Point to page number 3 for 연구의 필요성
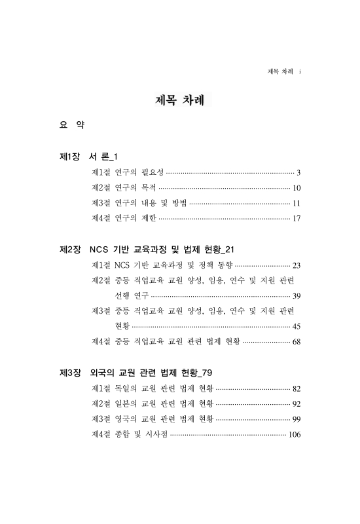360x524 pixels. pos(298,174)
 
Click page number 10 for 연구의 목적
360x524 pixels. pos(297,189)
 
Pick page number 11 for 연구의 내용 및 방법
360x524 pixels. pos(297,204)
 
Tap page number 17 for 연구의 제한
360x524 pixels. pos(297,219)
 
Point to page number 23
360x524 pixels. pos(297,266)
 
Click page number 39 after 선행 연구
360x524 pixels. pos(297,296)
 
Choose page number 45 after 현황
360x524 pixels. pos(297,326)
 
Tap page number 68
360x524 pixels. pos(297,341)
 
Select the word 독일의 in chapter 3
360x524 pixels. pos(126,389)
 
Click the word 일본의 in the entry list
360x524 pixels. pos(126,403)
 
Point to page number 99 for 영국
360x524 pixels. pos(297,419)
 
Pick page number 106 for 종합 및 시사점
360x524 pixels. pos(295,434)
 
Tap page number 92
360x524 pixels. pos(297,403)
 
